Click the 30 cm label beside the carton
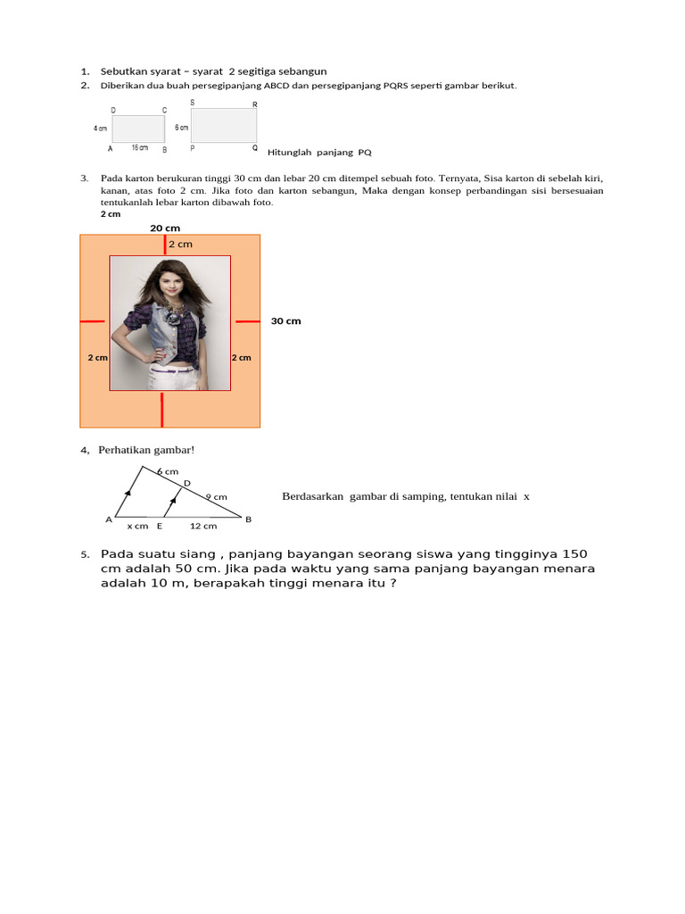point(285,320)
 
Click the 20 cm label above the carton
point(164,228)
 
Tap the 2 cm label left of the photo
point(97,357)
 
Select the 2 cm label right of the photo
point(241,357)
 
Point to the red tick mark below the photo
point(161,409)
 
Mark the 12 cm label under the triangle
point(202,526)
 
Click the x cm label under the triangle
point(137,526)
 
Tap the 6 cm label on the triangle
point(168,470)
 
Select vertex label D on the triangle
point(187,483)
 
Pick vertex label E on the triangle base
point(160,526)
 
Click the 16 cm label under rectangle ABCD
point(140,147)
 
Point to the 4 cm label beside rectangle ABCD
point(101,129)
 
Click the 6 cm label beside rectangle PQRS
point(181,128)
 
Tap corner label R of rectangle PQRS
point(255,104)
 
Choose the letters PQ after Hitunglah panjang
point(364,152)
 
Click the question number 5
point(85,555)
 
